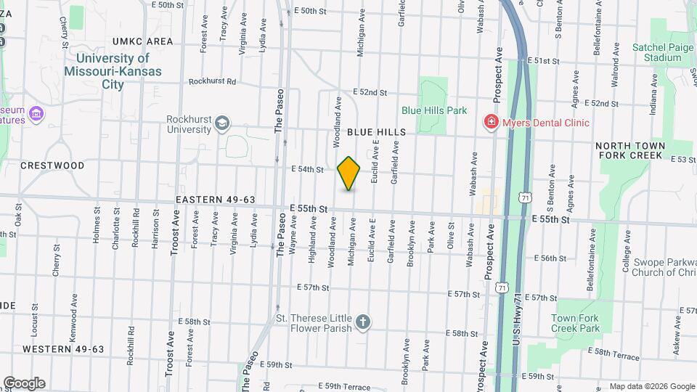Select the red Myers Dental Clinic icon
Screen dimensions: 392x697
coord(492,122)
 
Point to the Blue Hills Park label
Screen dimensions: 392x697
coord(434,111)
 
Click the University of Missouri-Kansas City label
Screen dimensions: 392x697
coord(113,71)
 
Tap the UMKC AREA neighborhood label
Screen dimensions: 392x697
coord(143,41)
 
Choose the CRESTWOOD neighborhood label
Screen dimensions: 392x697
coord(52,166)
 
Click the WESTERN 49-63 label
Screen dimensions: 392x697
coord(63,349)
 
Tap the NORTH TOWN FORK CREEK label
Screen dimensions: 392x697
coord(629,150)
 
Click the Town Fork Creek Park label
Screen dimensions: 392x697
coord(575,323)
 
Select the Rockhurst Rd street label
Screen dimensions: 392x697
coord(212,82)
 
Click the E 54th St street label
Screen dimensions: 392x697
coord(307,169)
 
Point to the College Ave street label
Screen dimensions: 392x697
coord(626,251)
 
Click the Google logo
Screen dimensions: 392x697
coord(24,383)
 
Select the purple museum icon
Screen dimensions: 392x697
coord(37,114)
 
